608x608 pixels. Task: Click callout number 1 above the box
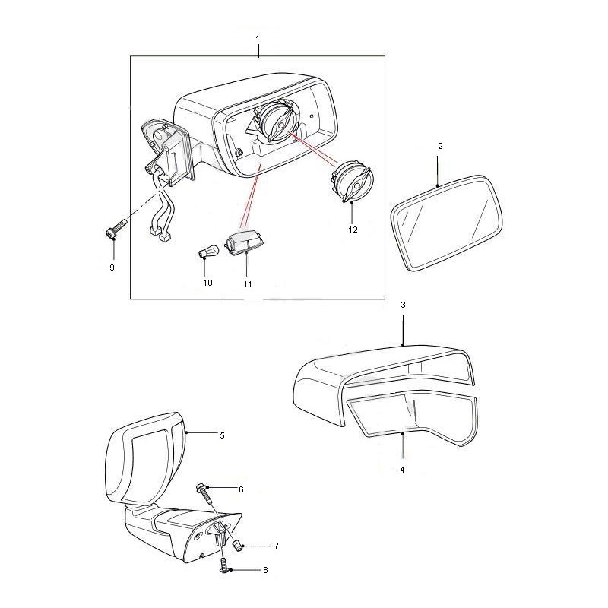[x=258, y=38]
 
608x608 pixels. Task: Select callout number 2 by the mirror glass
[x=440, y=144]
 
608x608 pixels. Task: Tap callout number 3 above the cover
[x=403, y=305]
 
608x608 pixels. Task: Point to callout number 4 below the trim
[x=402, y=470]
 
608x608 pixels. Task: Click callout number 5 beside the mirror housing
[x=222, y=436]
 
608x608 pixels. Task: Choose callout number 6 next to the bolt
[x=241, y=489]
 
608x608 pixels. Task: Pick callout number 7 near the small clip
[x=255, y=546]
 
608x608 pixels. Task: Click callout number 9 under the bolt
[x=112, y=268]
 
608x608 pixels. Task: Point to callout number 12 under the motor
[x=352, y=228]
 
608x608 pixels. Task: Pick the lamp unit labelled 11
[x=245, y=243]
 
